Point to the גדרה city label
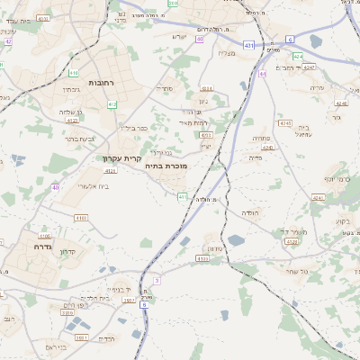[x=40, y=246]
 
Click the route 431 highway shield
[x=247, y=43]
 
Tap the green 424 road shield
[x=297, y=56]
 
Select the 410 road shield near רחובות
[x=73, y=72]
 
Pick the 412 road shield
[x=112, y=104]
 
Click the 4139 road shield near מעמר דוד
[x=291, y=241]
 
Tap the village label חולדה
[x=249, y=212]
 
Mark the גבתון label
[x=71, y=91]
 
